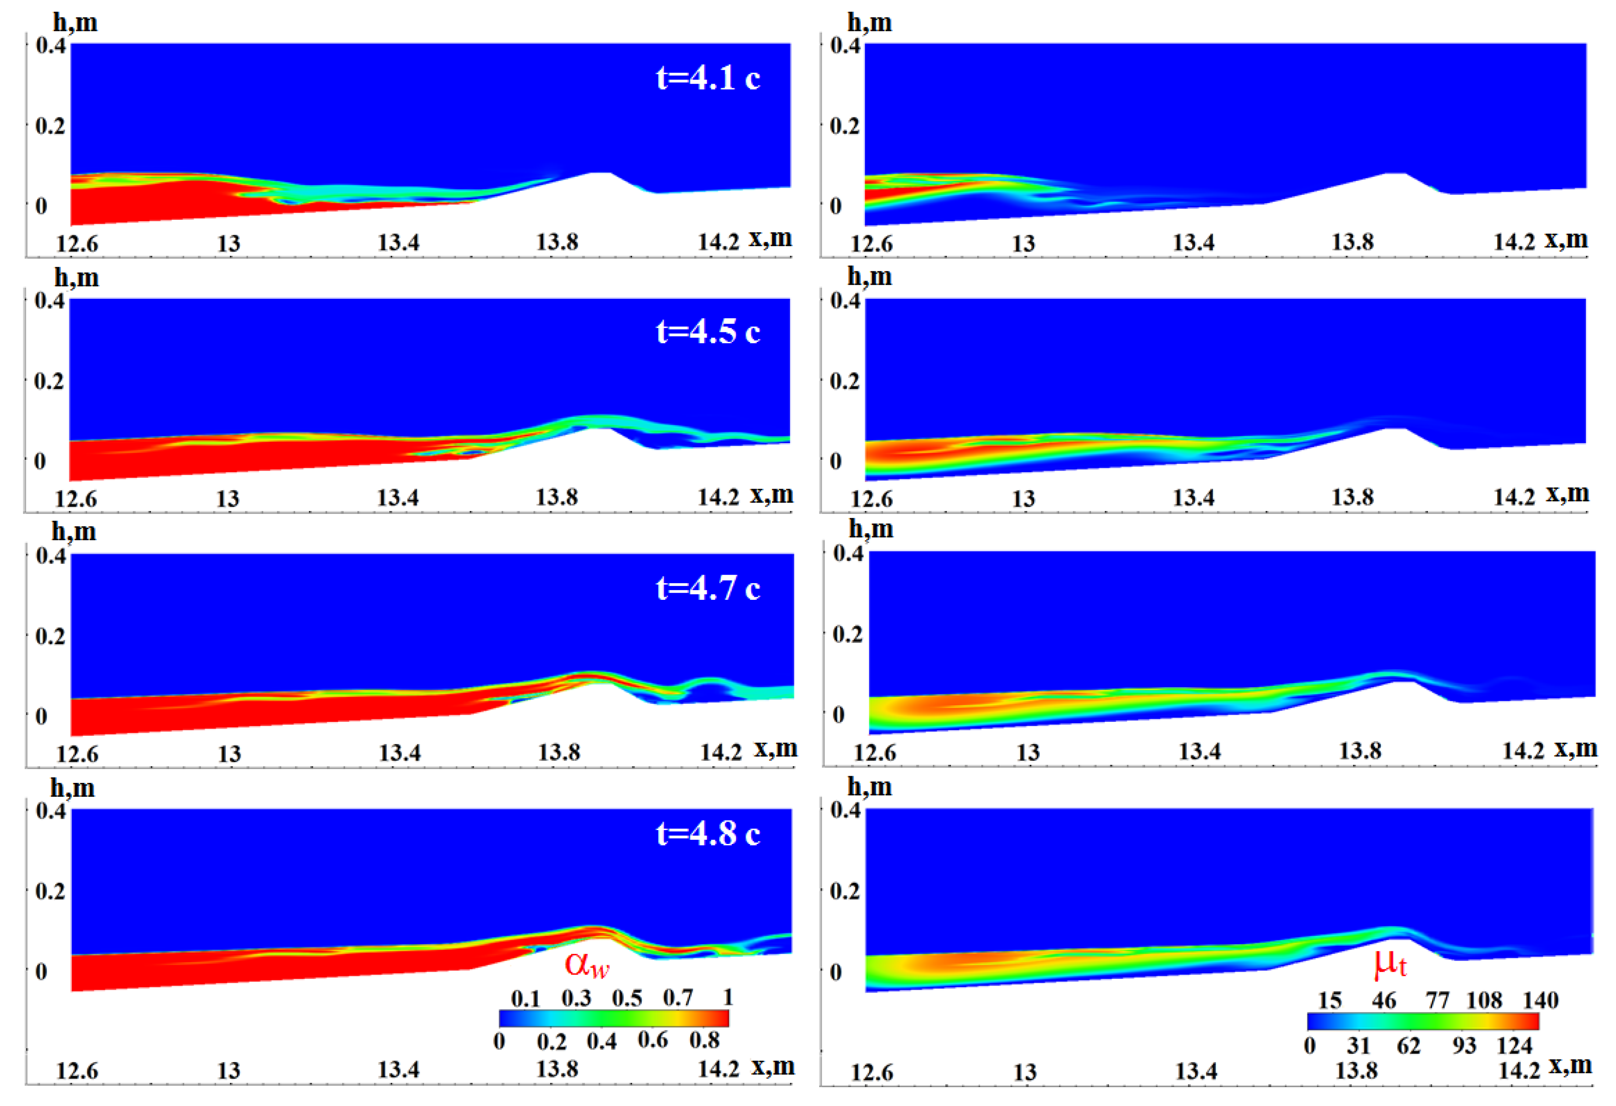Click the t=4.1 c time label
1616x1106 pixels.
708,77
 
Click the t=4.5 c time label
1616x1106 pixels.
708,331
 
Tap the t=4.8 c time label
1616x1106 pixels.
708,833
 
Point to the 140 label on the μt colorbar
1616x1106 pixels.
1540,1000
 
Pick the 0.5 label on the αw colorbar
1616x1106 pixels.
627,998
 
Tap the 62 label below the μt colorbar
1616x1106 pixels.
1408,1045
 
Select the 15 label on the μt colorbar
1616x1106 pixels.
1330,1000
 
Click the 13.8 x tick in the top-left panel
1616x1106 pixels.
557,242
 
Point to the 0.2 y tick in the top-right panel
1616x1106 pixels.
845,126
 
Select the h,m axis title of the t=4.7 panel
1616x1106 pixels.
74,532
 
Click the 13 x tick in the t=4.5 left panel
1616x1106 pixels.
228,498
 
